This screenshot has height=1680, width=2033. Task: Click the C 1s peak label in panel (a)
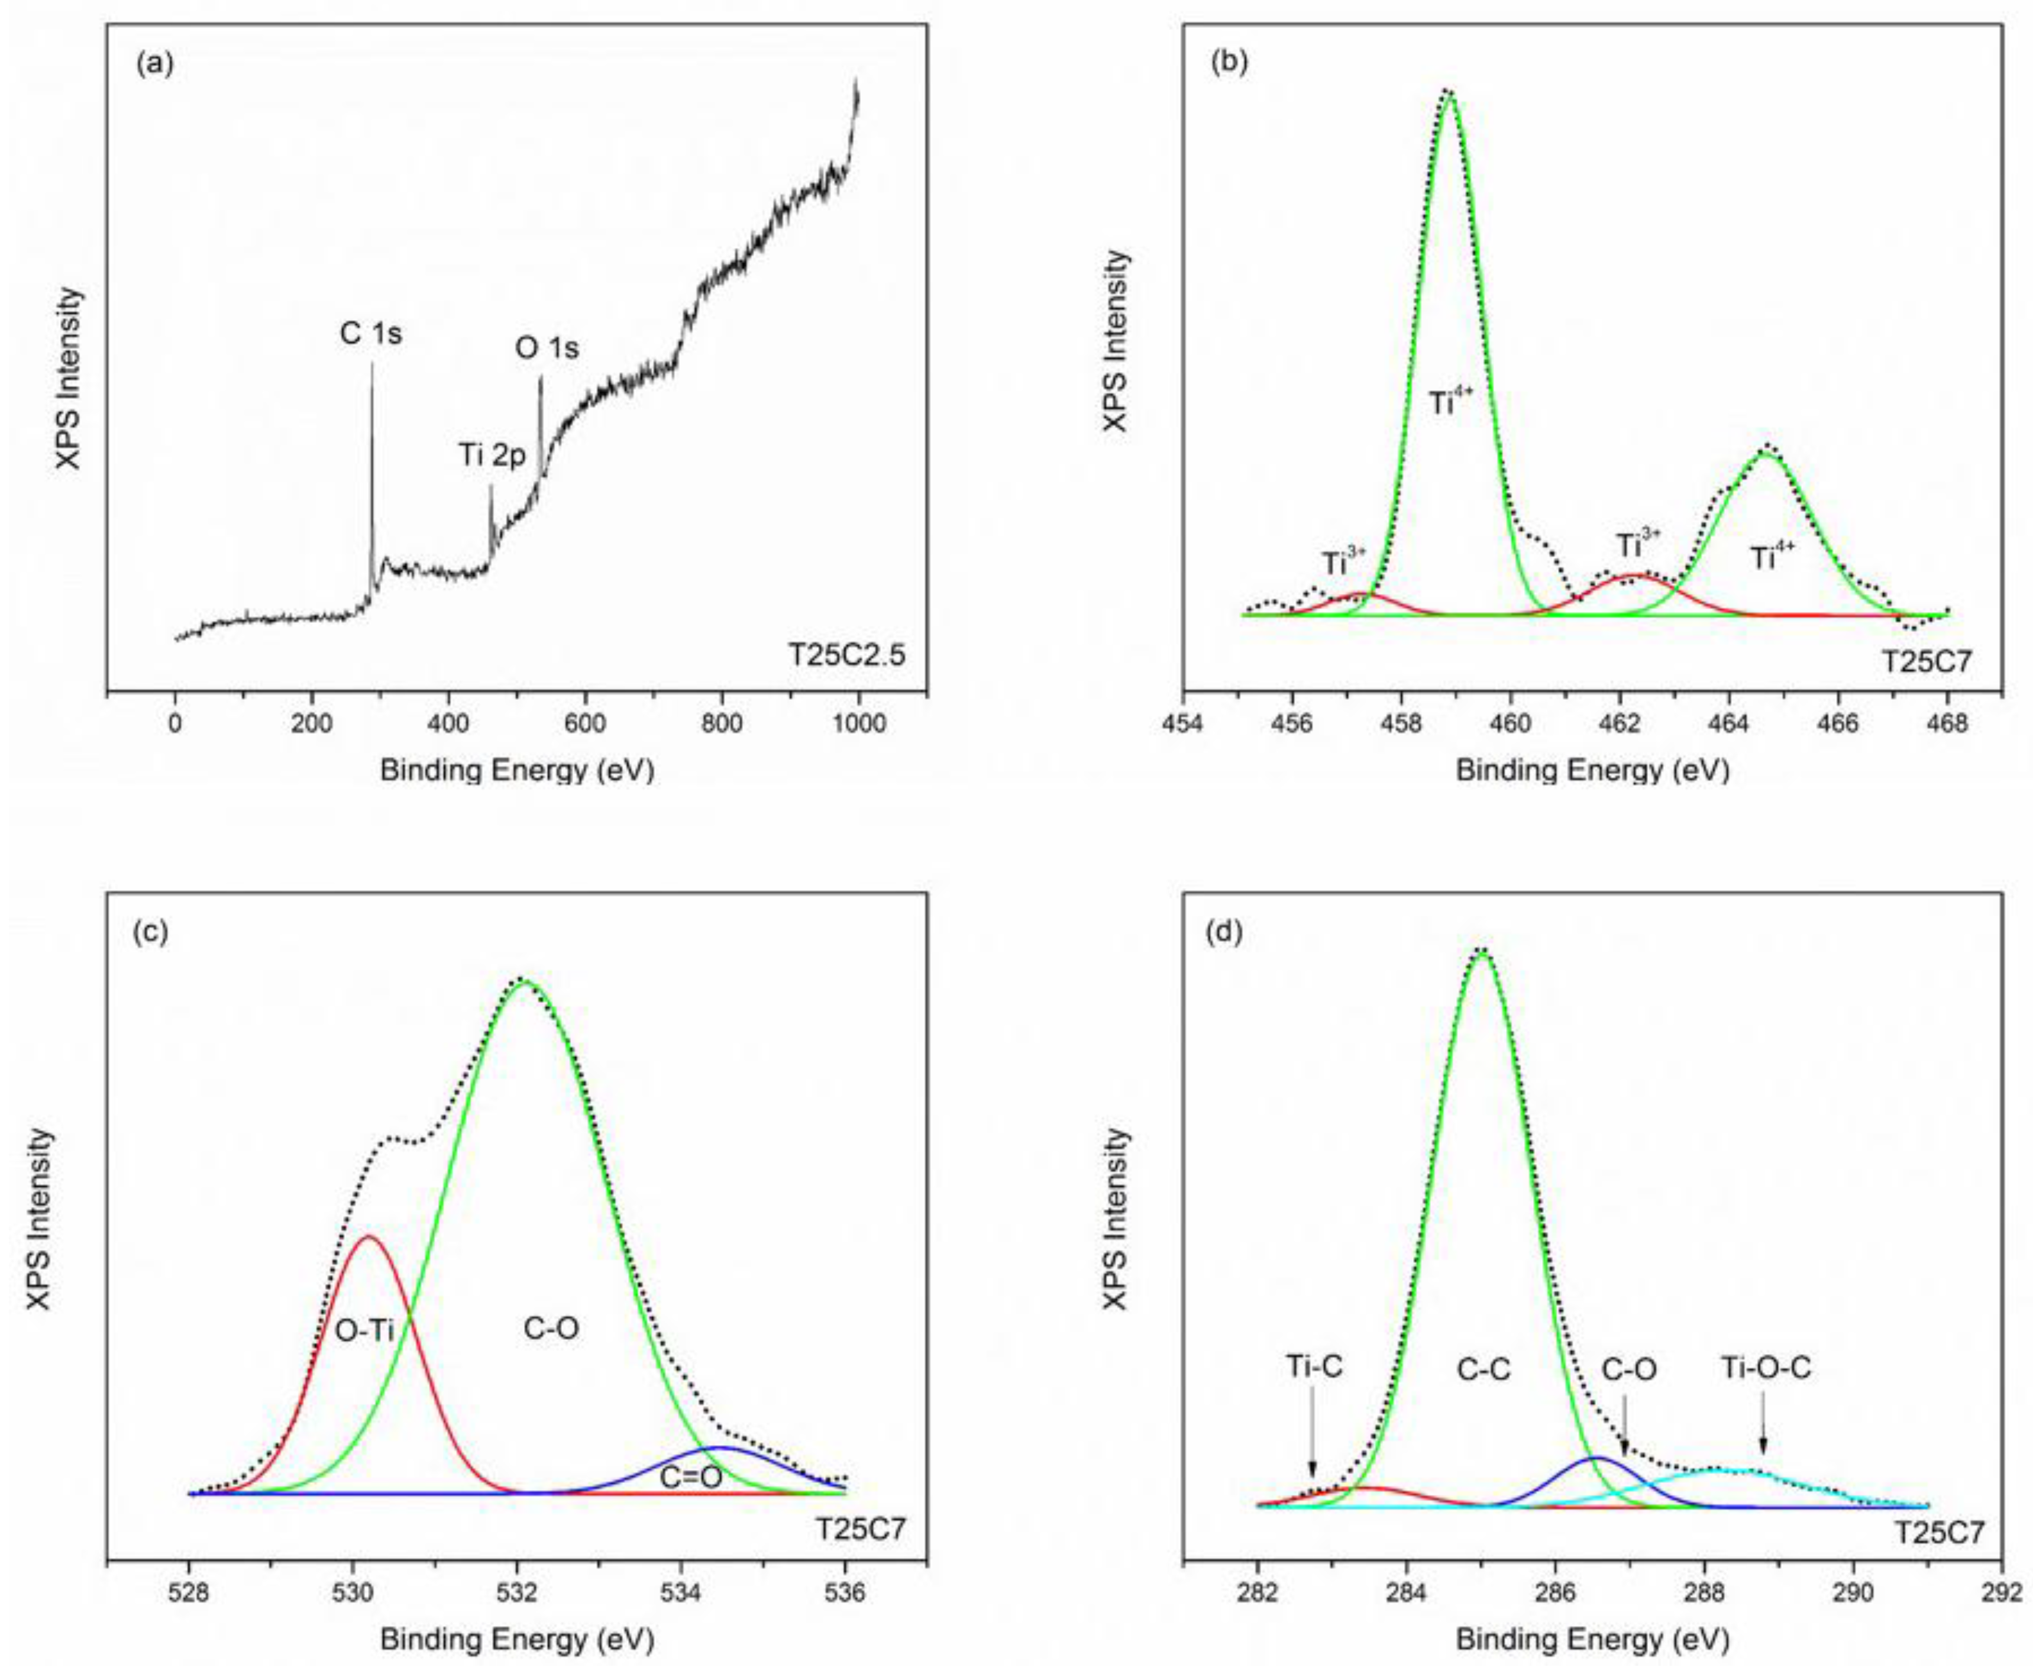pyautogui.click(x=371, y=334)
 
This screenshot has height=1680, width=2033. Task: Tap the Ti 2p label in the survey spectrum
pyautogui.click(x=492, y=455)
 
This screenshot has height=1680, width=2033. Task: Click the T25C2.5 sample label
pyautogui.click(x=846, y=655)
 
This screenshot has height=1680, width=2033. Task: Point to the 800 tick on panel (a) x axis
pyautogui.click(x=722, y=724)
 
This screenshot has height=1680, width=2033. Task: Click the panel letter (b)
pyautogui.click(x=1229, y=63)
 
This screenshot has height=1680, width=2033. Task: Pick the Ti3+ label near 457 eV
pyautogui.click(x=1344, y=562)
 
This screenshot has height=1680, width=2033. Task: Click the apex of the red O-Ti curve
pyautogui.click(x=368, y=1237)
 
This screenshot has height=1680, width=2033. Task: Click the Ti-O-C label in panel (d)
pyautogui.click(x=1765, y=1368)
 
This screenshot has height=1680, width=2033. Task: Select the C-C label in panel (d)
pyautogui.click(x=1482, y=1370)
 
